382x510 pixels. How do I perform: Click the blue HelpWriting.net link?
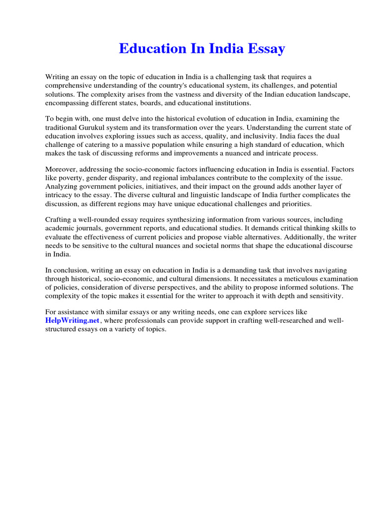(x=72, y=320)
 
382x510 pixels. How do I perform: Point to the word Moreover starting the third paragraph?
(x=62, y=169)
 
